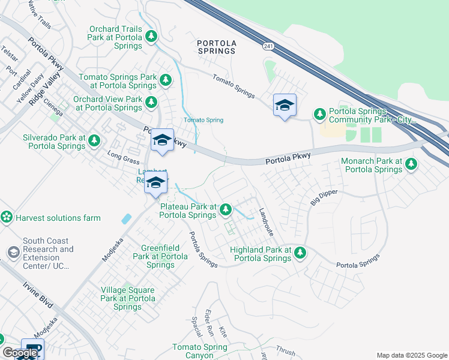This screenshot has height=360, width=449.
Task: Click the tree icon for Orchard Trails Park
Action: pyautogui.click(x=152, y=37)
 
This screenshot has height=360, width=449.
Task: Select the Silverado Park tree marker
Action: pyautogui.click(x=94, y=140)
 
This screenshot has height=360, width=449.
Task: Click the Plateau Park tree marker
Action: pyautogui.click(x=226, y=209)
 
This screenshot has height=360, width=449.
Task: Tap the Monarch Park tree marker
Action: pyautogui.click(x=411, y=163)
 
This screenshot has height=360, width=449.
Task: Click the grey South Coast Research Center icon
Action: pyautogui.click(x=13, y=252)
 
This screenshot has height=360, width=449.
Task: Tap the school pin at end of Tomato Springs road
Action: pyautogui.click(x=284, y=106)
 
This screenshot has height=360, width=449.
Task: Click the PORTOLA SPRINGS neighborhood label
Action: pyautogui.click(x=217, y=47)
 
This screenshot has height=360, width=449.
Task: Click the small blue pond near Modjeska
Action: pyautogui.click(x=126, y=219)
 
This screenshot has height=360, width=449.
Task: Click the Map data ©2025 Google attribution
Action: pyautogui.click(x=411, y=355)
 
